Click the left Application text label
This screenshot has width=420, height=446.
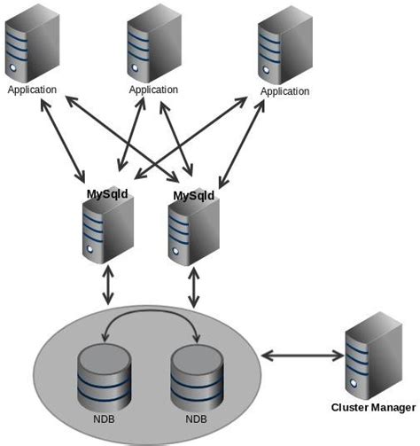[x=32, y=90]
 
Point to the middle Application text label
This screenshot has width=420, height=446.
[x=153, y=90]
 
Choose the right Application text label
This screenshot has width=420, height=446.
[x=284, y=91]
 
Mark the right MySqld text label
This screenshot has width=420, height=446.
[x=195, y=195]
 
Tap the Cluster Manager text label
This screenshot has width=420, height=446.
[x=372, y=407]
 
